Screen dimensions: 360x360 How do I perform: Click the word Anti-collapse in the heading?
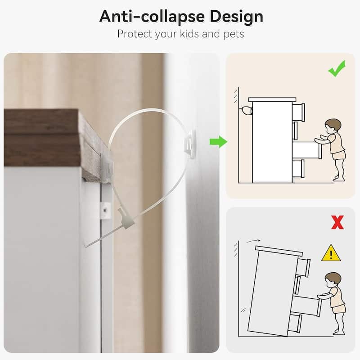pyautogui.click(x=152, y=17)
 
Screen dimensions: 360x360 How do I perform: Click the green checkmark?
pyautogui.click(x=337, y=68)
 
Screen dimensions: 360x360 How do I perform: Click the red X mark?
pyautogui.click(x=337, y=222)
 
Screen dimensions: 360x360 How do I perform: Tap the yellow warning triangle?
pyautogui.click(x=331, y=253)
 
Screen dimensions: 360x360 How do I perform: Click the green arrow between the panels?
pyautogui.click(x=218, y=142)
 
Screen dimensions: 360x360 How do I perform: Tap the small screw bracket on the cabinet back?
pyautogui.click(x=105, y=210)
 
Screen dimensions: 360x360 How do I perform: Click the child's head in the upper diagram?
pyautogui.click(x=333, y=126)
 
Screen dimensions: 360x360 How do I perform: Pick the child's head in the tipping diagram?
pyautogui.click(x=333, y=279)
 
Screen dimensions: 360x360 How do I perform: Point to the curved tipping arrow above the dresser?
pyautogui.click(x=253, y=241)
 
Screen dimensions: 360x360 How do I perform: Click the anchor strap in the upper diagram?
pyautogui.click(x=246, y=111)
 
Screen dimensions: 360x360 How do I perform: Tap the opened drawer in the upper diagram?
pyautogui.click(x=306, y=150)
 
